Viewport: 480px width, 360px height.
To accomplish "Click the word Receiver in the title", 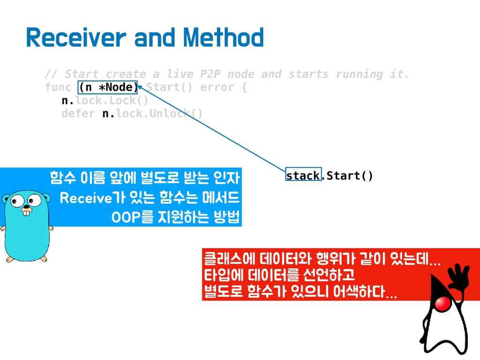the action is pos(76,37).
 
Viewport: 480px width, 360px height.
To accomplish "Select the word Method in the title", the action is pos(223,37).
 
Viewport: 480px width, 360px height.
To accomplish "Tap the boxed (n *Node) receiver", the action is pos(107,87).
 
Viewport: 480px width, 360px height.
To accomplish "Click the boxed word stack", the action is pos(303,175).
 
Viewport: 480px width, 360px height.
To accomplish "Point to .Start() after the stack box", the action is pos(347,176).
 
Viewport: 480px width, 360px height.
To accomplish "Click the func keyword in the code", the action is pos(58,87).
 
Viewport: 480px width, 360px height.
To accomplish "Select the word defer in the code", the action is pos(78,113).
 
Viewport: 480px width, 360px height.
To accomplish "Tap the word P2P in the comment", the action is pos(210,74).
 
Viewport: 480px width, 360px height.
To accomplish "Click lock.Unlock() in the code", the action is pos(159,113).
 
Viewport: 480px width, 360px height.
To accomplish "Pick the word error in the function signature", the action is pos(217,87).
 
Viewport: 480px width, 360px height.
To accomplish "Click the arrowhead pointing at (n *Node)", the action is pos(140,88).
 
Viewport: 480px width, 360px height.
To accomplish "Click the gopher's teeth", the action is pos(27,213).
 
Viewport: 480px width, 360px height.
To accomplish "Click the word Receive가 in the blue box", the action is pos(93,198).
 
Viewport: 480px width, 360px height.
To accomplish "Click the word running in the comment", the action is pos(360,74).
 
